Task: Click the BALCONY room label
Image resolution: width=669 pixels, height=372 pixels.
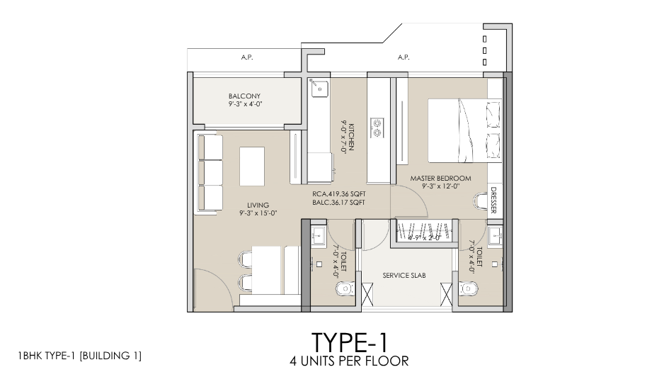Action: coord(244,96)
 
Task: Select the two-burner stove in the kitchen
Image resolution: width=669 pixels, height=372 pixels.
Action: coord(377,128)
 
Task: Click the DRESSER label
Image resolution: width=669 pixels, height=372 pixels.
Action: coord(493,201)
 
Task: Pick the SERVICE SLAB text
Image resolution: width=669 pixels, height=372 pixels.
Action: coord(404,276)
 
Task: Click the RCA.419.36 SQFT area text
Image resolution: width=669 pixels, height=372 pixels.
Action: coord(338,193)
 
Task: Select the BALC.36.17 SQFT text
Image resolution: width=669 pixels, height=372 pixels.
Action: coord(338,202)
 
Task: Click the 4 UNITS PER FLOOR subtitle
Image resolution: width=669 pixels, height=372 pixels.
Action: coord(349,360)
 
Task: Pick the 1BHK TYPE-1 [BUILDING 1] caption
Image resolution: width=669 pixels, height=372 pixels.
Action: coord(76,354)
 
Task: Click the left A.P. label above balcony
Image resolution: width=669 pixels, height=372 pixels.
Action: coord(247,57)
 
